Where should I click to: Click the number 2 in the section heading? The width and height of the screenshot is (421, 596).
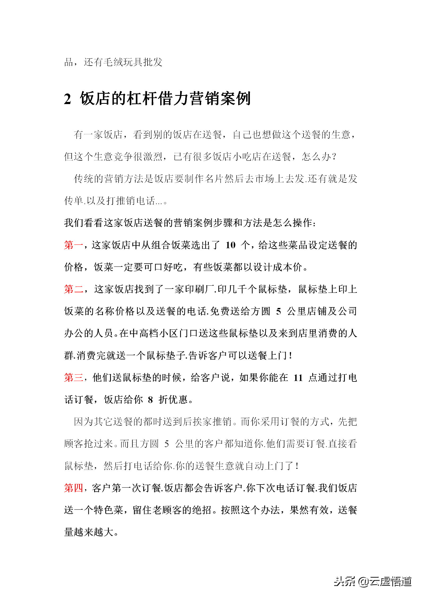click(68, 99)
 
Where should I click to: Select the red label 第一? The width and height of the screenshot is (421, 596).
click(73, 245)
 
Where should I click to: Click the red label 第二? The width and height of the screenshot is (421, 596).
click(73, 289)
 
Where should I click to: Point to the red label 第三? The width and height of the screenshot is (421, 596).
click(73, 377)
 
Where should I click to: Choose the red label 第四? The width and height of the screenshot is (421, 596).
click(73, 488)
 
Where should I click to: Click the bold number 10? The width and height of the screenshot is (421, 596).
click(230, 245)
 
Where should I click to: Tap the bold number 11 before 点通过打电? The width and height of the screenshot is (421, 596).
click(298, 377)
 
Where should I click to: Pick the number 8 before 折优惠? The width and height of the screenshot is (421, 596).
click(150, 399)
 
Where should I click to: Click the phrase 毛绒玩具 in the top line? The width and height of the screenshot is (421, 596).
click(123, 62)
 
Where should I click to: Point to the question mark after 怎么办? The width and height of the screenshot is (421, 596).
click(334, 157)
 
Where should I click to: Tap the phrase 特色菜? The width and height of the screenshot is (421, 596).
click(108, 510)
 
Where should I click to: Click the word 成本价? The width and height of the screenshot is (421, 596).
click(288, 267)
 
